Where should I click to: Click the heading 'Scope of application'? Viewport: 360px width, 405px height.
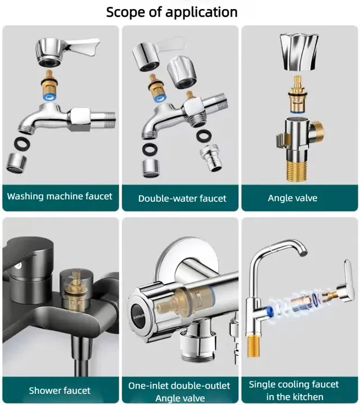[172, 12]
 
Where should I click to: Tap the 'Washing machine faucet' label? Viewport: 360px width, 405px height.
[60, 196]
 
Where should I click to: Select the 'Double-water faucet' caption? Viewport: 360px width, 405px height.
[182, 199]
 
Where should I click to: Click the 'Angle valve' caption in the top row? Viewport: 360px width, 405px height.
[292, 198]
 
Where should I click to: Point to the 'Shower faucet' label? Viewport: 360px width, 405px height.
[60, 390]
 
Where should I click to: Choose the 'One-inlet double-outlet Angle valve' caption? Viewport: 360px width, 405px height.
[179, 391]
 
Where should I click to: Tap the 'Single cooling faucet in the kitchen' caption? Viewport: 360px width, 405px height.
[294, 390]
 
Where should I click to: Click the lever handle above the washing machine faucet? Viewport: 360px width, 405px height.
[66, 52]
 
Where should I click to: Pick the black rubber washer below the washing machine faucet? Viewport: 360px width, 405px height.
[22, 143]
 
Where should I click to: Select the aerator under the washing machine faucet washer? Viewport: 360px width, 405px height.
[16, 163]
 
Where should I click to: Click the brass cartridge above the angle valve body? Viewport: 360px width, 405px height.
[298, 94]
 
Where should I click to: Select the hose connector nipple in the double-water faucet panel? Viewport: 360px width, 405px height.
[211, 158]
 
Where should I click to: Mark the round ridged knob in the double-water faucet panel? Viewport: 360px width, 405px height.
[182, 73]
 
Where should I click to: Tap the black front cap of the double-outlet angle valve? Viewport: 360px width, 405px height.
[138, 316]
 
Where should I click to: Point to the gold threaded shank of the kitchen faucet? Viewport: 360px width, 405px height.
[253, 345]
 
